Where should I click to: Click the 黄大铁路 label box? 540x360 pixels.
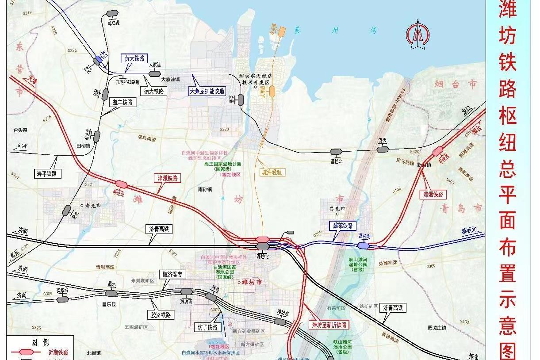(135, 58)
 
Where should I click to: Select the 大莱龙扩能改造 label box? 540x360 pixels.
(207, 91)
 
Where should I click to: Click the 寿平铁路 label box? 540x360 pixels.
(47, 173)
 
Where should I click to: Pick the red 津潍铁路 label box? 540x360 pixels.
(168, 178)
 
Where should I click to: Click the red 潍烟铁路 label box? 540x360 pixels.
(432, 194)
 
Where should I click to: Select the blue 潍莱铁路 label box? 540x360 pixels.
(343, 226)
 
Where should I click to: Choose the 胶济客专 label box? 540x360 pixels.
(172, 274)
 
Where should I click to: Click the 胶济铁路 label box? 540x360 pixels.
(161, 315)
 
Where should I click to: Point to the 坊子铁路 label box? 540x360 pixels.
(207, 327)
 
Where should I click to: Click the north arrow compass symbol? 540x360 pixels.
(418, 36)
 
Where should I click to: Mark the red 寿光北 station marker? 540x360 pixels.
(120, 184)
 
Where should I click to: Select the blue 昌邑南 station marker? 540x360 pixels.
(364, 245)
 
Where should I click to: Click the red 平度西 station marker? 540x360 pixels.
(438, 151)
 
